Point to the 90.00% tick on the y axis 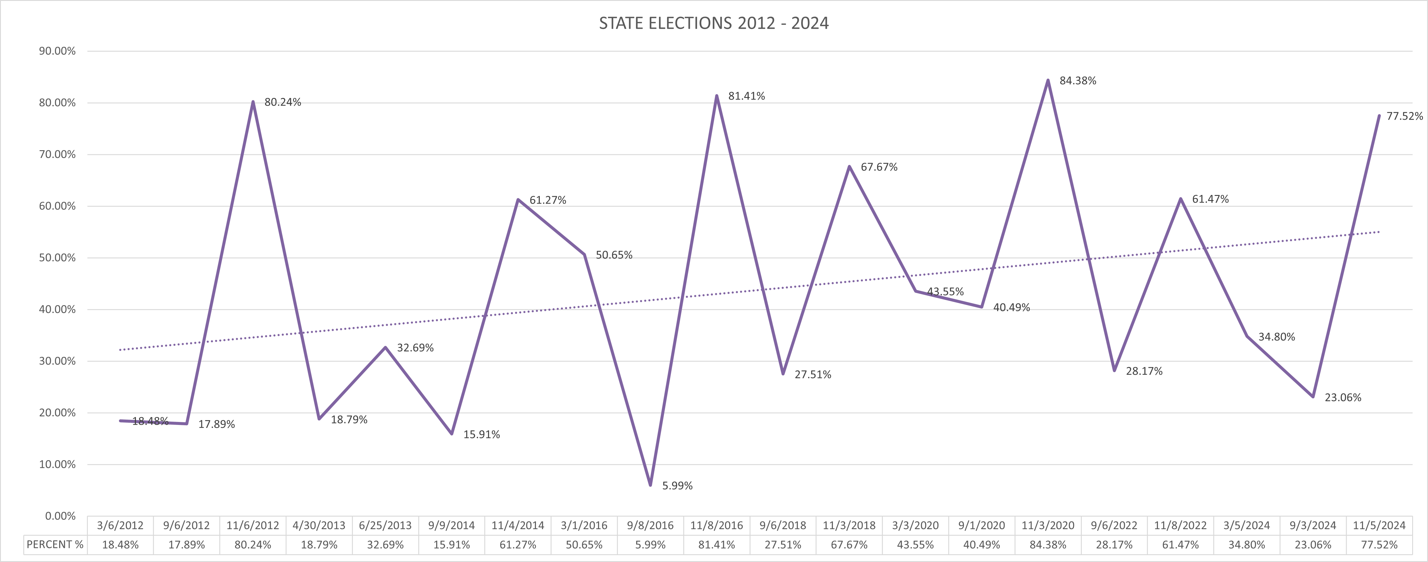(x=57, y=51)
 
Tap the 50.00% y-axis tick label (x=57, y=258)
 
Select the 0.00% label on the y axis (x=60, y=516)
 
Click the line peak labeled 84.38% (x=1048, y=80)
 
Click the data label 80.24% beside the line (x=283, y=102)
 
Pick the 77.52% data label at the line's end (x=1404, y=116)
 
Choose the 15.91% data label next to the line (x=481, y=434)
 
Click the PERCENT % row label (x=55, y=545)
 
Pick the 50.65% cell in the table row (x=584, y=545)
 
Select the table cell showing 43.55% (x=915, y=545)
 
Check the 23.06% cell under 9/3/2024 (x=1313, y=545)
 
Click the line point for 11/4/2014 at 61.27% (x=518, y=199)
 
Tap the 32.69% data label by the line (x=415, y=348)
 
